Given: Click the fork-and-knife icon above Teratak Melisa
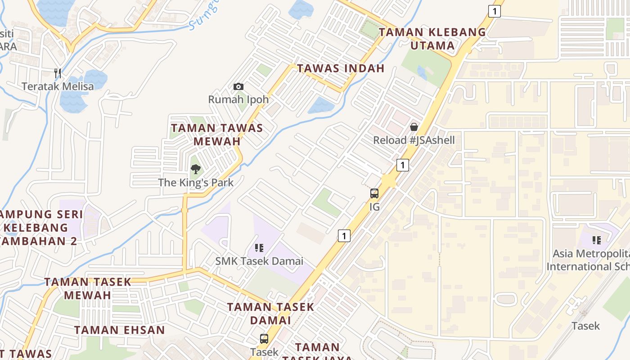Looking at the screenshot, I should click(x=58, y=73).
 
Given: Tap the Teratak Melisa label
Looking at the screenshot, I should click(x=58, y=86).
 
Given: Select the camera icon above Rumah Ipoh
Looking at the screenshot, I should click(x=238, y=86).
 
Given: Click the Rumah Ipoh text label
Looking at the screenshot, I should click(x=238, y=99).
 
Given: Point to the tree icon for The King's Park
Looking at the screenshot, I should click(x=195, y=169).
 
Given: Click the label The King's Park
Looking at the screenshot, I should click(x=196, y=182).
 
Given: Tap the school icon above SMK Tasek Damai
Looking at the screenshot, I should click(x=259, y=248).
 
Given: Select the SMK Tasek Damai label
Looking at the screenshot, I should click(x=259, y=261).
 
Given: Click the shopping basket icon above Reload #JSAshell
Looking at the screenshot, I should click(x=414, y=127).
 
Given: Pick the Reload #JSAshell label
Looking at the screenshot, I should click(x=414, y=140).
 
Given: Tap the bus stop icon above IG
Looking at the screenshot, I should click(x=374, y=193).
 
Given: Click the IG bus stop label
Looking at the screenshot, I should click(x=374, y=207).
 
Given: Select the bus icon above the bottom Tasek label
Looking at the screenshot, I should click(x=264, y=339).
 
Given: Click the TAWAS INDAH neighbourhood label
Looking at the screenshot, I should click(x=341, y=68).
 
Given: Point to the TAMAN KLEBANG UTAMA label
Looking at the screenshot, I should click(x=432, y=39).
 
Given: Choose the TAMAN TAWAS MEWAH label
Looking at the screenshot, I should click(x=217, y=135).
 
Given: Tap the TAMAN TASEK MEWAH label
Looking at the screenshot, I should click(x=88, y=288).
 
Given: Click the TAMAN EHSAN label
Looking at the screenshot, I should click(x=120, y=330).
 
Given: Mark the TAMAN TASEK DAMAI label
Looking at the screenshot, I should click(x=270, y=314).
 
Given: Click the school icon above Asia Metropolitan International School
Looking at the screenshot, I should click(x=597, y=240).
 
